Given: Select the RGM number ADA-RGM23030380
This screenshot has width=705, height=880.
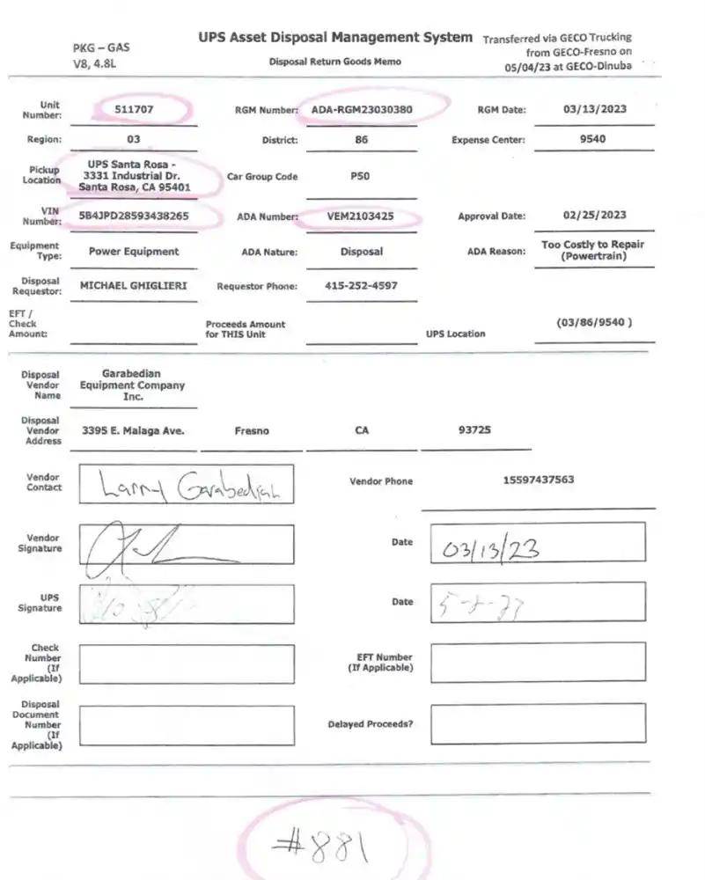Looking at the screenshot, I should coord(362,110).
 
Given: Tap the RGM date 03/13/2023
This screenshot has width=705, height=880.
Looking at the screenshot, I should coord(594,110).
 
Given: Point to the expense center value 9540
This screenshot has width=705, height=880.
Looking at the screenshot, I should coord(592,139).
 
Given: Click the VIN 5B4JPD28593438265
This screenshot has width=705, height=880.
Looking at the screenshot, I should coord(134,216).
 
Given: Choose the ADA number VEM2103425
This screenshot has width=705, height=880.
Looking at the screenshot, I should coord(361,216).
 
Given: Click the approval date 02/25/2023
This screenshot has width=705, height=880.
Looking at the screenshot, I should coord(594,216).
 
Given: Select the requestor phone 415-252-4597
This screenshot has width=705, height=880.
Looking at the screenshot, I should coord(361,286).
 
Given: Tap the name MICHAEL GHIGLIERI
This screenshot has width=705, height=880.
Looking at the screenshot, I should coord(134,286).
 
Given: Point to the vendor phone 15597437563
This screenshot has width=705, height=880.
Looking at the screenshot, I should coord(539,480).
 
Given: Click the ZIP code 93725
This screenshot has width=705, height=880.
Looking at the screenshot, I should coord(474,430).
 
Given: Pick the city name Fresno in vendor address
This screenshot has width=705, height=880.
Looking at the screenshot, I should coord(252,431).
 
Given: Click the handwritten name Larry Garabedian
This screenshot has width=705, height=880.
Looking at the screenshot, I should coord(185,485).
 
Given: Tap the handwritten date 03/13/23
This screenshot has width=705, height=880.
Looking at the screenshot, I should coord(492,550).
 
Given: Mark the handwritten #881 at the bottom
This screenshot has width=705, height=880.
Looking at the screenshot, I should coord(320,847).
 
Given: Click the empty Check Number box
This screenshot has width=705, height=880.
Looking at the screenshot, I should coord(187,664).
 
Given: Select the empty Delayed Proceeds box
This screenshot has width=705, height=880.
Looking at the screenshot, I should coord(537,724).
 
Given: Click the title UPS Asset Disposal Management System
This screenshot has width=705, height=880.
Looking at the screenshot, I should coord(335,38).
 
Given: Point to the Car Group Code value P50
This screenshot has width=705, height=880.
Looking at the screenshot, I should coord(360,176).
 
